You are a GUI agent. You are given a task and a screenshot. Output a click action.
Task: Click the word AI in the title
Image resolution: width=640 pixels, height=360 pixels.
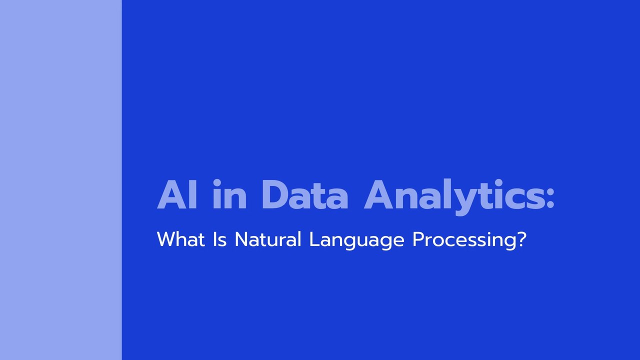177,195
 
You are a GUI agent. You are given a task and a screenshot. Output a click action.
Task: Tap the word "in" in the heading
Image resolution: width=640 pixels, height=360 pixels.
229,194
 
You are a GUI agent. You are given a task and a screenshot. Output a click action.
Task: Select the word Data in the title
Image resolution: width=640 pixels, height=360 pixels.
305,195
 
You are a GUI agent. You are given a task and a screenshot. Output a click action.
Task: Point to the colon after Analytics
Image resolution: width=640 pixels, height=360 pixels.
549,197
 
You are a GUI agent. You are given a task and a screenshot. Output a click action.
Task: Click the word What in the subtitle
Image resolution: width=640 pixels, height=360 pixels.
181,239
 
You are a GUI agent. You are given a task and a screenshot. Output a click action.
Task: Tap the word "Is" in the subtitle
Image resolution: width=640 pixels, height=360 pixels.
219,239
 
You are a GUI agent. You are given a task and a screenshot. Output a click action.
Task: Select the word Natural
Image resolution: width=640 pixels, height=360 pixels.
268,239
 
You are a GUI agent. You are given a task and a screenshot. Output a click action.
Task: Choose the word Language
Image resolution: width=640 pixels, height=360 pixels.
357,240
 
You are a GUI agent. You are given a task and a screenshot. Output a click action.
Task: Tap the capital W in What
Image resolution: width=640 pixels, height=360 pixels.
168,239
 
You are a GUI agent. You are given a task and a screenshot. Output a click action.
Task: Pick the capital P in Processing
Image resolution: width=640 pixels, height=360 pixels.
418,239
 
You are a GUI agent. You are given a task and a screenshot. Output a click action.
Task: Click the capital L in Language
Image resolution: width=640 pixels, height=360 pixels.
315,239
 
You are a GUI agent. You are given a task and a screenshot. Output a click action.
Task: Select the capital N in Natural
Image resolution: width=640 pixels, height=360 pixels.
241,239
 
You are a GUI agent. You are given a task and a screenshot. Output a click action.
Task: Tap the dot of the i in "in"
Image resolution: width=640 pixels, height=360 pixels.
217,183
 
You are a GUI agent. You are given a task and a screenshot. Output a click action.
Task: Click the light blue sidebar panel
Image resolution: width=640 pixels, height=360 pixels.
61,180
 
